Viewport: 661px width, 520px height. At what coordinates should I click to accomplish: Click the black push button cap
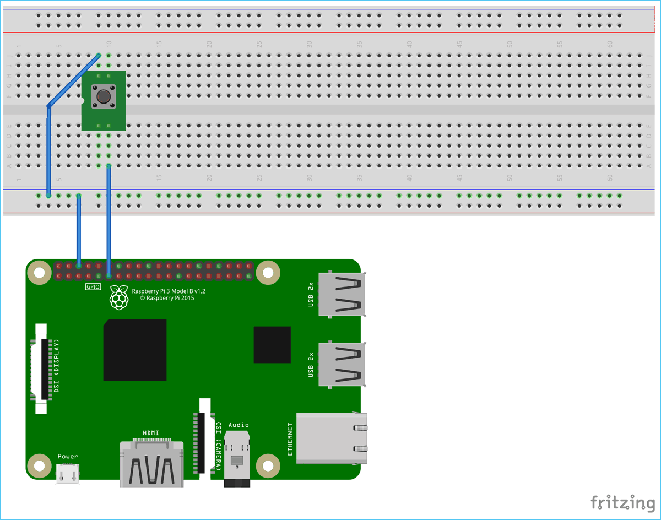tap(103, 97)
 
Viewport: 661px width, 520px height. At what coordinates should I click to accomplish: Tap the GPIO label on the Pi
tap(93, 287)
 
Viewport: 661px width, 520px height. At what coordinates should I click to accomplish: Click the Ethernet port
tap(331, 438)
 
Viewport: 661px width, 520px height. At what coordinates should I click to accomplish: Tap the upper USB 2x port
tap(341, 294)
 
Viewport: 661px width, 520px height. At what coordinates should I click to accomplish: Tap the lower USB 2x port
tap(341, 365)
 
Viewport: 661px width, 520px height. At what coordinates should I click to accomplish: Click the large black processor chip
tap(135, 350)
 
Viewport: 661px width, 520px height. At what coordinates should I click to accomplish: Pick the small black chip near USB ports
tap(272, 344)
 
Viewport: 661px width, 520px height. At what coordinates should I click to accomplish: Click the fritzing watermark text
tap(622, 503)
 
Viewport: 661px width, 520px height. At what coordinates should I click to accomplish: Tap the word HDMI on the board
tap(151, 433)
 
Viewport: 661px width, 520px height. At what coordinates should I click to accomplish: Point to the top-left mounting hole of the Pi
tap(40, 273)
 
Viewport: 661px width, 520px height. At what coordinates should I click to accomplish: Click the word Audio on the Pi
tap(238, 425)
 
